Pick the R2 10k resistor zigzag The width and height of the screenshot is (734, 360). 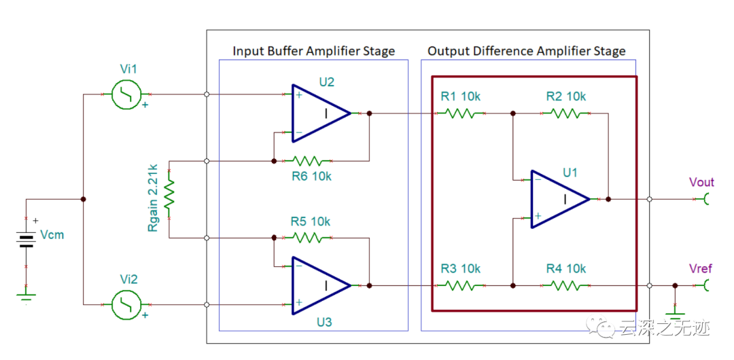[x=566, y=113]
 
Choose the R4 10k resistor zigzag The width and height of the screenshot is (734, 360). [x=566, y=286]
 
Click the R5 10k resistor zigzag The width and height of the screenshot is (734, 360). [x=307, y=238]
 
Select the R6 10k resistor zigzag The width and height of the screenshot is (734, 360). [x=307, y=161]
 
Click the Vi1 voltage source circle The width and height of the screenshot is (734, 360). [x=126, y=94]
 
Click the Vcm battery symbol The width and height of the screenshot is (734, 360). [x=27, y=239]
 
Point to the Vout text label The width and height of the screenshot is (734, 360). [x=701, y=182]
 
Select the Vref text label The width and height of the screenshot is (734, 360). [x=700, y=269]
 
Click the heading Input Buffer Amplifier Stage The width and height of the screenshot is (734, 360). [x=313, y=51]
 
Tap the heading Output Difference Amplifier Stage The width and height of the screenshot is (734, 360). [x=526, y=51]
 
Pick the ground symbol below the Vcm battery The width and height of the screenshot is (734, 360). [x=27, y=296]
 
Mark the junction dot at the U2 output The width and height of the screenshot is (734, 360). [x=369, y=113]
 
